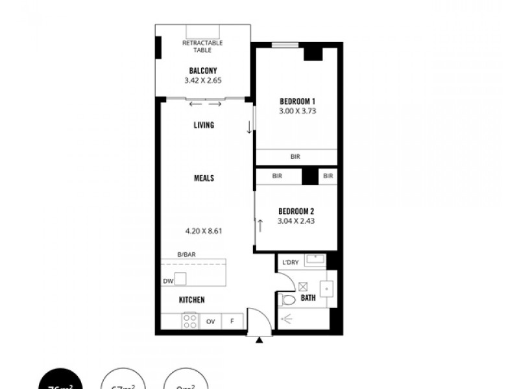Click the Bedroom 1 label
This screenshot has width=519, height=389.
297,101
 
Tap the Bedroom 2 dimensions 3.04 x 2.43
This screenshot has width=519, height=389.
297,220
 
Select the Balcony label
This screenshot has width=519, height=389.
202,71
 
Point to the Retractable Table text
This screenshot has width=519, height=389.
202,46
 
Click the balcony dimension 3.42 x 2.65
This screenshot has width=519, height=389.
202,81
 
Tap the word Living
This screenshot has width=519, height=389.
204,125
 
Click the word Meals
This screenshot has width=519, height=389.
204,178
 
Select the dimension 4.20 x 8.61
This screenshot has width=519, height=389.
204,230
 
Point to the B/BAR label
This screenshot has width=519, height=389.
186,255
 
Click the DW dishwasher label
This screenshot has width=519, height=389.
168,281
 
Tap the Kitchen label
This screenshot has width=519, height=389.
192,300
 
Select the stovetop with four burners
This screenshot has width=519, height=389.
190,320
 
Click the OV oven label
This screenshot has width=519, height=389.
211,321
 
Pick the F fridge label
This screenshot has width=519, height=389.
232,321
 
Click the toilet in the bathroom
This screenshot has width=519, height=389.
286,300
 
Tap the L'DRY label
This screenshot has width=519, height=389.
289,263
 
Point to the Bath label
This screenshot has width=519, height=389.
308,299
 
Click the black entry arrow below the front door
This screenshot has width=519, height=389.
259,340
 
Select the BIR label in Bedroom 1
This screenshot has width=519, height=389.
296,157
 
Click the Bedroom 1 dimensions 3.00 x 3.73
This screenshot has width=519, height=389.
297,111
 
